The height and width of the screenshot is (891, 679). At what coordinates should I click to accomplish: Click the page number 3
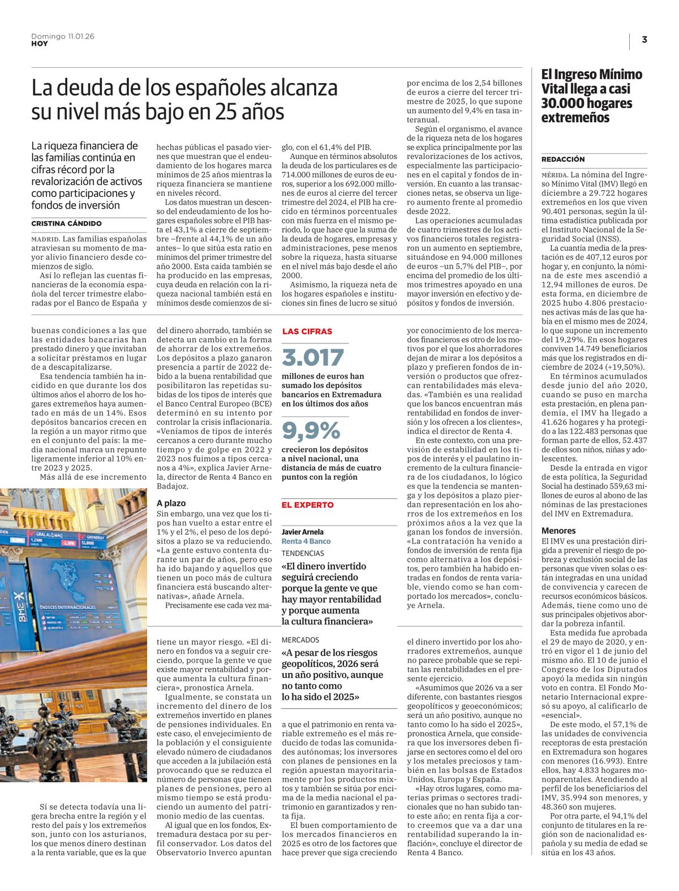click(x=644, y=40)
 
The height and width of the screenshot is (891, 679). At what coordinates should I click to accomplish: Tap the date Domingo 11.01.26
click(x=62, y=36)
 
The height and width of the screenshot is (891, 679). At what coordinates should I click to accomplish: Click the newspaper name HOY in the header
click(x=39, y=44)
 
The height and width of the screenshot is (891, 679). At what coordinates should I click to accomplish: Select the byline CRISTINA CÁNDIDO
click(x=66, y=223)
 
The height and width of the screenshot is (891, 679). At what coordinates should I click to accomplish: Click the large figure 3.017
click(x=313, y=357)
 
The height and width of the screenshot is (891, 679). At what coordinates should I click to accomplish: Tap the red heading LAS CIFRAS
click(x=307, y=331)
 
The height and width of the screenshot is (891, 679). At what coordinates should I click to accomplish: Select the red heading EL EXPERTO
click(x=308, y=505)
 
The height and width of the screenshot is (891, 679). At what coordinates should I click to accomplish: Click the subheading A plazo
click(x=171, y=502)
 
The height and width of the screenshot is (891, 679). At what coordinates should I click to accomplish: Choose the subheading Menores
click(x=558, y=531)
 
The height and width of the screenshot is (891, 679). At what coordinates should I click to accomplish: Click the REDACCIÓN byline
click(x=563, y=159)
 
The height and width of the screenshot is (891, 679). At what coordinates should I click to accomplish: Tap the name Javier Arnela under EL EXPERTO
click(x=303, y=532)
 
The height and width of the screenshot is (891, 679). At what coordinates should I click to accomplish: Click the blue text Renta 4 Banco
click(x=306, y=541)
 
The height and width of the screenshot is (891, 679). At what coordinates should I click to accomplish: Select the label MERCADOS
click(x=300, y=640)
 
